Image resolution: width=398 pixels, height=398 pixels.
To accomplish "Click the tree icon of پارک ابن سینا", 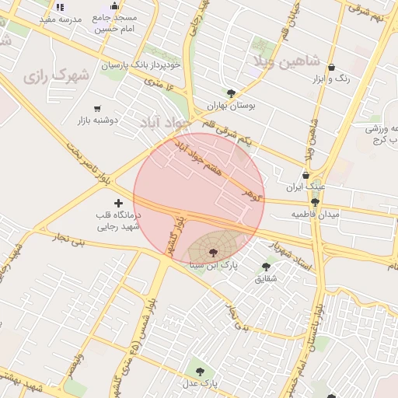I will coord(214,251).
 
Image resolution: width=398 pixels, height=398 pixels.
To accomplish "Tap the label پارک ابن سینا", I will coord(214,265).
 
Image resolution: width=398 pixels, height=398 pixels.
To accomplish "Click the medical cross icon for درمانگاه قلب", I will coord(117,203).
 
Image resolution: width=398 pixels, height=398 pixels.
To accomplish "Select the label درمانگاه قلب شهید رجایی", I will coord(117,222).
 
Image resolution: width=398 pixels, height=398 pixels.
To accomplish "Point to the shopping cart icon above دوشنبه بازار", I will coord(97,109).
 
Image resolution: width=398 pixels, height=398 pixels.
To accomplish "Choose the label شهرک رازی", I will coord(56,77).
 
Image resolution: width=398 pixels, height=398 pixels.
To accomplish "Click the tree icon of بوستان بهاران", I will coord(231,93).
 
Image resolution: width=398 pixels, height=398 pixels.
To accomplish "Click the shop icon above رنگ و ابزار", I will coord(332,68).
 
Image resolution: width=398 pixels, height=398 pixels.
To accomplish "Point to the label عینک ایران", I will coord(305,187).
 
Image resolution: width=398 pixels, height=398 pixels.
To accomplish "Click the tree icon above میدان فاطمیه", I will coord(315,202).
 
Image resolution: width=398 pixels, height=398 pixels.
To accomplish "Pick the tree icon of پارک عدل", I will coord(200,372).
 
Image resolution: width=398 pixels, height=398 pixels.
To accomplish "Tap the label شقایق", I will coord(264,278).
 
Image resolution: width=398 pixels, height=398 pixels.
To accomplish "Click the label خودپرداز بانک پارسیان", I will coord(141,65).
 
